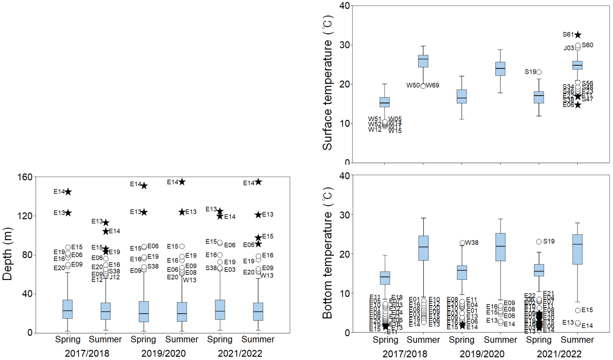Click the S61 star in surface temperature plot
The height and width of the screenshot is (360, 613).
pyautogui.click(x=578, y=35)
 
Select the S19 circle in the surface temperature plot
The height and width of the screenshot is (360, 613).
pyautogui.click(x=539, y=72)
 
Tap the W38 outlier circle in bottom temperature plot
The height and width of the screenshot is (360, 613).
pyautogui.click(x=462, y=243)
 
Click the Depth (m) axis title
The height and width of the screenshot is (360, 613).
pyautogui.click(x=7, y=254)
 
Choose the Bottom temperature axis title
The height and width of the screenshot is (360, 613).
pyautogui.click(x=327, y=253)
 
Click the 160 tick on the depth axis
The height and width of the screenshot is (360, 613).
pyautogui.click(x=25, y=177)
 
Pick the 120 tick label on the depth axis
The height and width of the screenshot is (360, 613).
pyautogui.click(x=25, y=216)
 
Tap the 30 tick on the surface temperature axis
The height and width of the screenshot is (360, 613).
pyautogui.click(x=345, y=45)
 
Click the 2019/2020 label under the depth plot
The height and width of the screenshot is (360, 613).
pyautogui.click(x=163, y=353)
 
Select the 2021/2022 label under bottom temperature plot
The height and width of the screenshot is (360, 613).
pyautogui.click(x=559, y=354)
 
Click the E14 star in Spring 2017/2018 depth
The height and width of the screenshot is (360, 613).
pyautogui.click(x=68, y=192)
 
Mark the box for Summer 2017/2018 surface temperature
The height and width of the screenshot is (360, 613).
pyautogui.click(x=423, y=61)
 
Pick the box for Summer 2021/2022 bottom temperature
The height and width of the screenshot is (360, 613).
pyautogui.click(x=577, y=249)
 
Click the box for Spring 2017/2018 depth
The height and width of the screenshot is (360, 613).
pyautogui.click(x=67, y=309)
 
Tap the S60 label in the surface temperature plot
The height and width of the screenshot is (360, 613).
pyautogui.click(x=587, y=45)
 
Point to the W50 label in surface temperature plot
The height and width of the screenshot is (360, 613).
pyautogui.click(x=413, y=85)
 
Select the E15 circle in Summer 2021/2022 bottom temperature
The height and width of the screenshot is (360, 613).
pyautogui.click(x=578, y=310)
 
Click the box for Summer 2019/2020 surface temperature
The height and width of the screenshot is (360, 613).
pyautogui.click(x=500, y=69)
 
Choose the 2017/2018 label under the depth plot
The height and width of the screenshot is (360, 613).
pyautogui.click(x=87, y=353)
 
